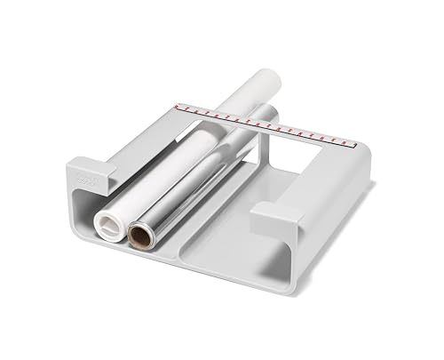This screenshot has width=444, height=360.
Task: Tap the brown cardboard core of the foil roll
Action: (x=140, y=236)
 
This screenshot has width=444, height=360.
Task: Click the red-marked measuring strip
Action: (x=266, y=124)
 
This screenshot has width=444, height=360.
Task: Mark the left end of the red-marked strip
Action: (x=178, y=106)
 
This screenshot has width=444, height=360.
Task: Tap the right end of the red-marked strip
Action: (x=353, y=140)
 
